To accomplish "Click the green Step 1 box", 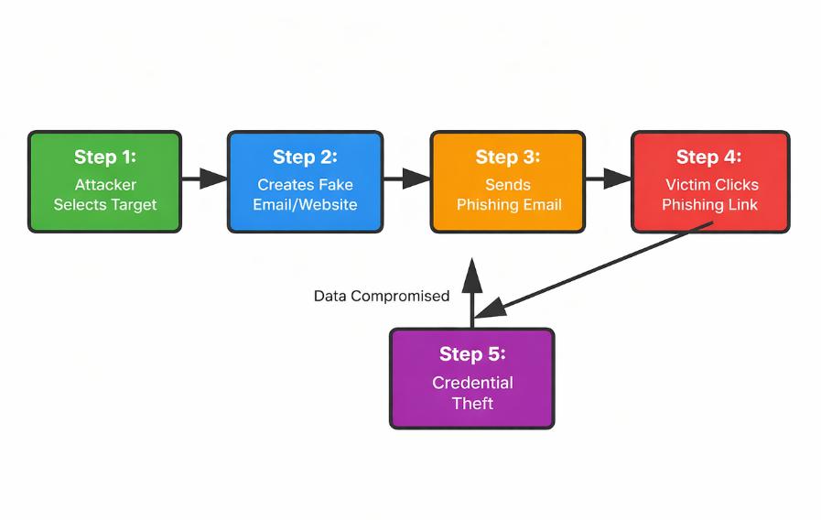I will click(x=104, y=181).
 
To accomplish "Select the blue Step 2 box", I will click(x=305, y=181).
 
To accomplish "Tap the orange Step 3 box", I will click(x=507, y=181).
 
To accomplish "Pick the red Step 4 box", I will click(x=710, y=181).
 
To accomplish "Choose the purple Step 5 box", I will click(x=472, y=378).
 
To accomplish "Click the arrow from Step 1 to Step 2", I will click(x=204, y=179).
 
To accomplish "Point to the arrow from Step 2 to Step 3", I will click(x=405, y=179).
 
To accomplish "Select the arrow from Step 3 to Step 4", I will click(x=607, y=179).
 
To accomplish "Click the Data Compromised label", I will click(x=382, y=297).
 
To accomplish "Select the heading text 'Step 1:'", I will click(x=104, y=157).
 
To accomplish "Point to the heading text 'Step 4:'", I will click(x=709, y=157).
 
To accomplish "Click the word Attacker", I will click(x=105, y=185).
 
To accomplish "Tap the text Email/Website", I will click(x=305, y=204).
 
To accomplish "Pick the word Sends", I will click(x=508, y=185).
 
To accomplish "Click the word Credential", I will click(x=472, y=383).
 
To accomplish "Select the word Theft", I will click(x=472, y=403).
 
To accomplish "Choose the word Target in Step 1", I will click(x=134, y=204).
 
